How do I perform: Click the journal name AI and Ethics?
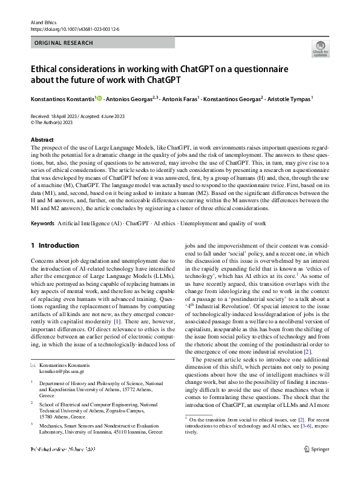[x=42, y=22]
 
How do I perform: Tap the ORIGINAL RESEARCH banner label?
[x=64, y=43]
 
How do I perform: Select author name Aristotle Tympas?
[x=289, y=97]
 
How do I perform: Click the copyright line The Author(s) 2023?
[x=57, y=121]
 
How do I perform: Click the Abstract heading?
[x=41, y=139]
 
